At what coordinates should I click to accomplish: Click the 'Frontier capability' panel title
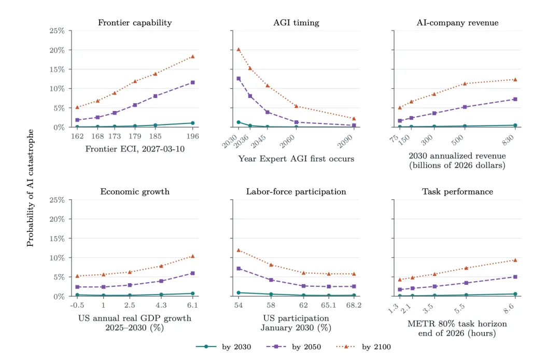click(x=135, y=23)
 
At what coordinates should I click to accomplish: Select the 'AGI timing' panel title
click(x=296, y=23)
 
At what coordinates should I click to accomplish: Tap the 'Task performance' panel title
click(x=457, y=192)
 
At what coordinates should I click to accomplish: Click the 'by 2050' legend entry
click(x=293, y=347)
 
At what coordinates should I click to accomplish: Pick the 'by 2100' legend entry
click(x=363, y=347)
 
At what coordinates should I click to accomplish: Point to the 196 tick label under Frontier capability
click(x=192, y=136)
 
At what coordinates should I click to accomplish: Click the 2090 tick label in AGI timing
click(x=345, y=142)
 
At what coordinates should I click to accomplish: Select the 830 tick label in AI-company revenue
click(x=508, y=140)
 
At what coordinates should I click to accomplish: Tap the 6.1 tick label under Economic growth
click(x=192, y=306)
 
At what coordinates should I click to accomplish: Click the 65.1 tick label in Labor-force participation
click(x=328, y=306)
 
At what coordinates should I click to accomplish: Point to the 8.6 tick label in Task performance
click(x=509, y=309)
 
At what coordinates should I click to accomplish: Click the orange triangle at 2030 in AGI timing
click(x=239, y=49)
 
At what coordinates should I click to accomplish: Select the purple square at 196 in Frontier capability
click(x=192, y=82)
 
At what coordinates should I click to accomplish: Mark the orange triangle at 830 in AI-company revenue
click(x=515, y=80)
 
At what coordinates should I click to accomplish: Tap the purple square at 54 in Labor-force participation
click(x=239, y=269)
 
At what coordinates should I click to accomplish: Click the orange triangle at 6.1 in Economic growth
click(x=192, y=256)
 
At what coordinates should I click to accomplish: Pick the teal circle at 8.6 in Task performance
click(x=515, y=294)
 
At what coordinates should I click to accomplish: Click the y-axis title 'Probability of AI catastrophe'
click(x=30, y=188)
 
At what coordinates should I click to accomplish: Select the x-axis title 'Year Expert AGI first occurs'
click(x=296, y=159)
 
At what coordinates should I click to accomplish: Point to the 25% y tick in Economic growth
click(x=57, y=200)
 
